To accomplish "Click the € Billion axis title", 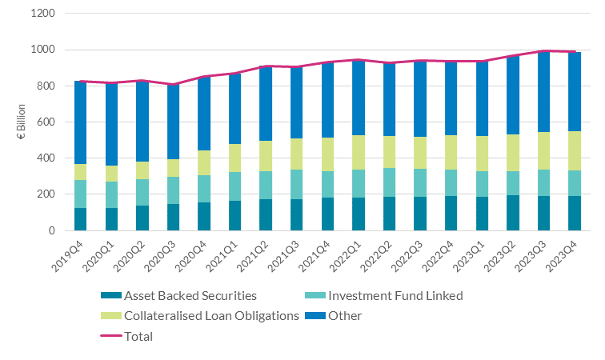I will [22, 122].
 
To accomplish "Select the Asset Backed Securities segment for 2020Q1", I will [111, 219].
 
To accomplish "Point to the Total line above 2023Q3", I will [541, 51].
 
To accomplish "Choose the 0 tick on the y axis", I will [50, 230].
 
